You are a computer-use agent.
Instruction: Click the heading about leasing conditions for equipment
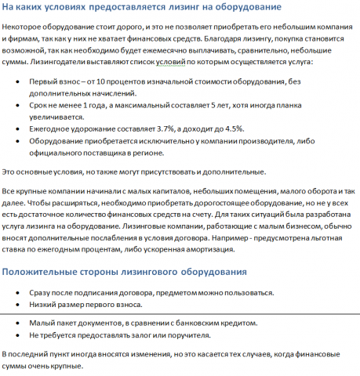(x=142, y=8)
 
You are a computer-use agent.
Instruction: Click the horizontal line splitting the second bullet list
(x=180, y=313)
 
